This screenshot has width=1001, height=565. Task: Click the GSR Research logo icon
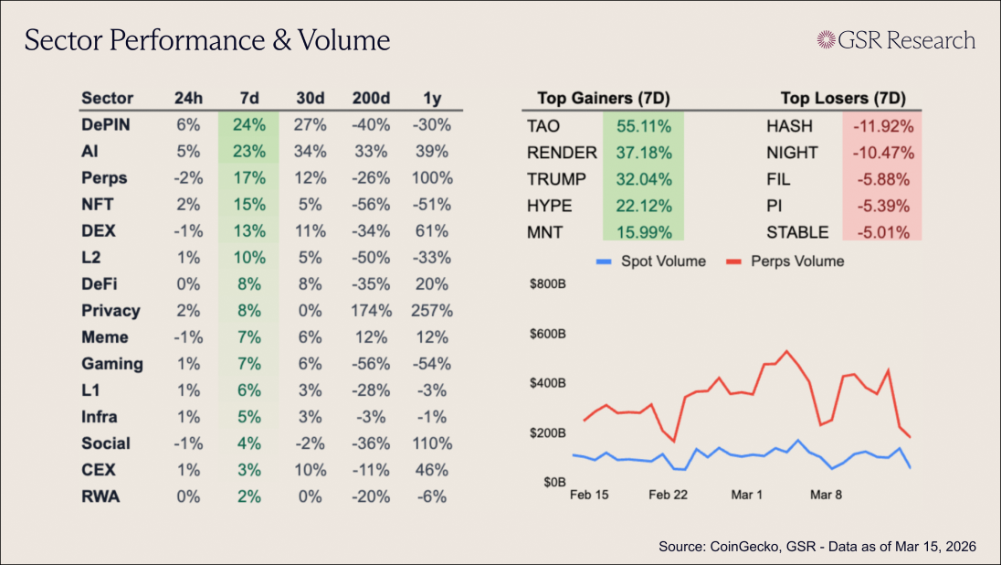point(827,39)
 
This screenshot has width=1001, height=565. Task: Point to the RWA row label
point(100,496)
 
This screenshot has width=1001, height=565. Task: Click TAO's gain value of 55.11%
point(643,126)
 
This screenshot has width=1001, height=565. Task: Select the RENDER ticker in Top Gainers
point(561,153)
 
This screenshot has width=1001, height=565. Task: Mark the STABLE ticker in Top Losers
point(797,232)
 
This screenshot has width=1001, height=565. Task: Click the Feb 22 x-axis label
point(668,495)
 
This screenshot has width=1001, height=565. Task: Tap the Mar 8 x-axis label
point(826,495)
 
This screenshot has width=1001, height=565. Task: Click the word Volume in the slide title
point(344,40)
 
